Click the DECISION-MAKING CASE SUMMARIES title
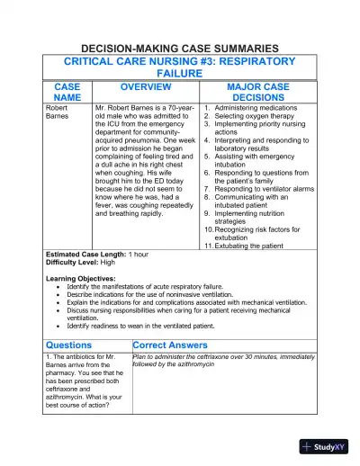pos(181,48)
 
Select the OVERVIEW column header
pos(146,86)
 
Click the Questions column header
pos(68,344)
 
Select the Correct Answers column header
pos(176,344)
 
